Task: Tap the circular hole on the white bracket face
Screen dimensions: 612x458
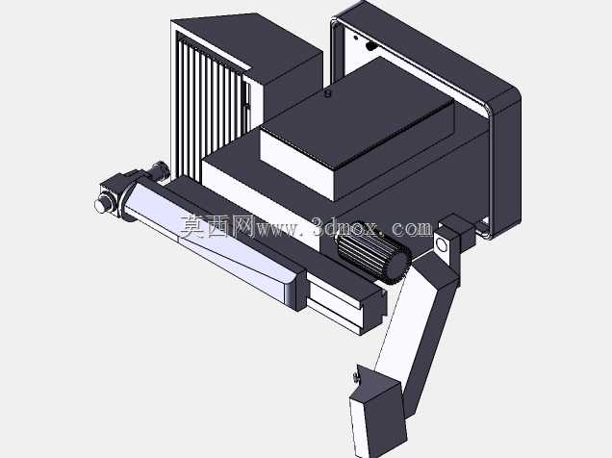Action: [443, 245]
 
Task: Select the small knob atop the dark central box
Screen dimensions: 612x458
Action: [328, 93]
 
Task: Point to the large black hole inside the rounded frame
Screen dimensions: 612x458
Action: [370, 46]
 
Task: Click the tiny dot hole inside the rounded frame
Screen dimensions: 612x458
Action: [356, 38]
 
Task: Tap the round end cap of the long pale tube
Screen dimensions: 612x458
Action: [102, 204]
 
